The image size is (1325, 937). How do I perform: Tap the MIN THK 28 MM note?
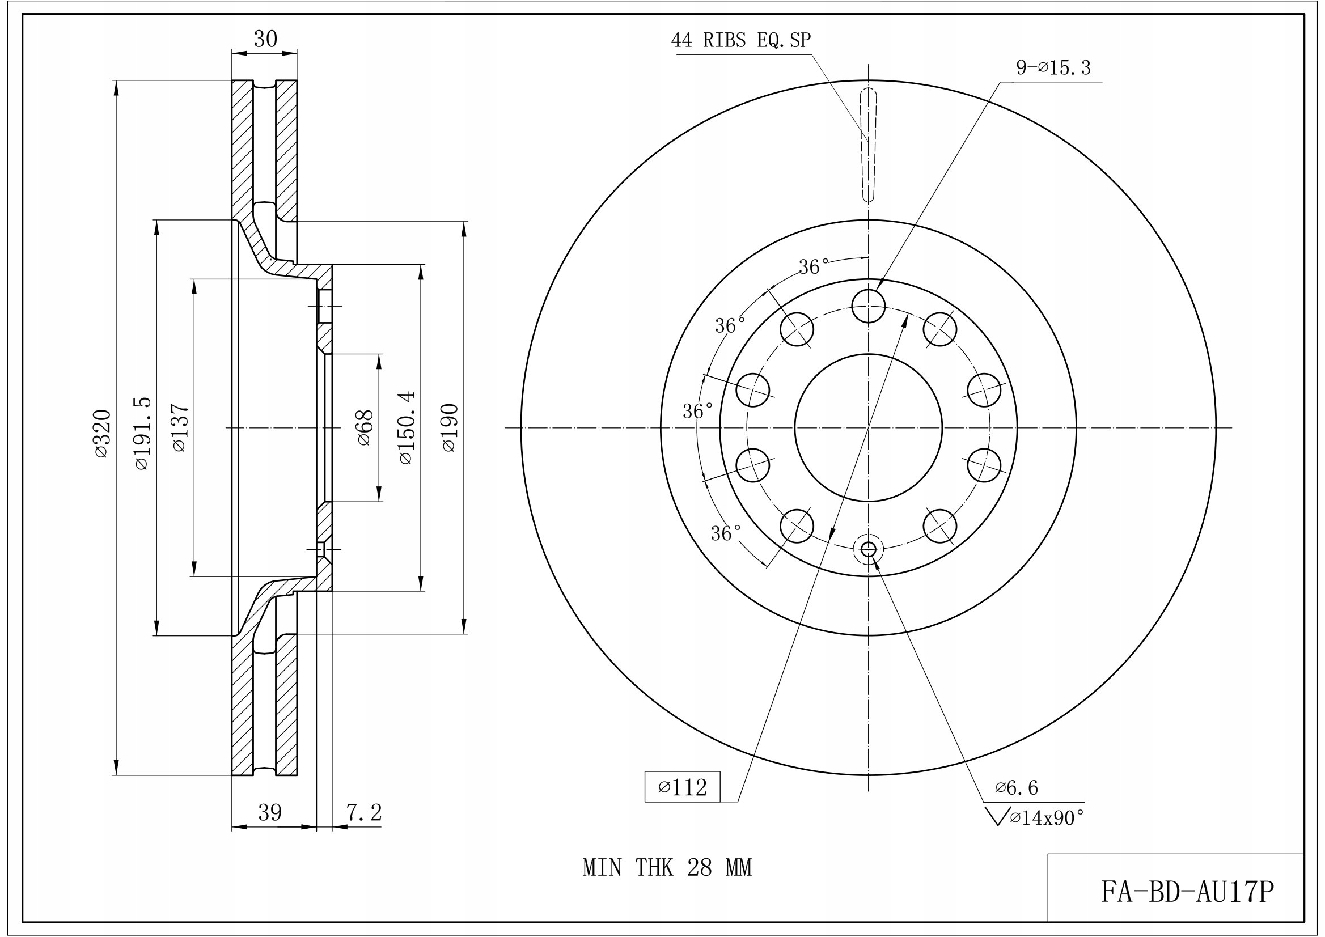point(667,868)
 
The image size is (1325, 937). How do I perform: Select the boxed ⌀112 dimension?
point(683,787)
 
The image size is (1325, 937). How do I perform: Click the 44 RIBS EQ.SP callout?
point(741,40)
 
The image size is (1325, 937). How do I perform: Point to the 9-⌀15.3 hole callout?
point(1053,68)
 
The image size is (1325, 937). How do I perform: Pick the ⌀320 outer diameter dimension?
point(101,434)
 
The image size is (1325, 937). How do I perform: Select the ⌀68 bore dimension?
point(365,427)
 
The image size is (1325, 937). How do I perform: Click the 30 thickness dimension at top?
point(265,39)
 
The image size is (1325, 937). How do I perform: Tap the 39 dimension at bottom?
point(269,812)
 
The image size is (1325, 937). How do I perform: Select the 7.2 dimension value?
point(364,812)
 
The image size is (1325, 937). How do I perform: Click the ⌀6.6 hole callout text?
point(1016,787)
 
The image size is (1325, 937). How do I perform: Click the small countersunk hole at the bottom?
point(869,549)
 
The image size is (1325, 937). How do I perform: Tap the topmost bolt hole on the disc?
point(869,306)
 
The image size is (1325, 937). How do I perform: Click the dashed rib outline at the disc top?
point(869,145)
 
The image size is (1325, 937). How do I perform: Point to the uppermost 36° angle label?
point(814,266)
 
